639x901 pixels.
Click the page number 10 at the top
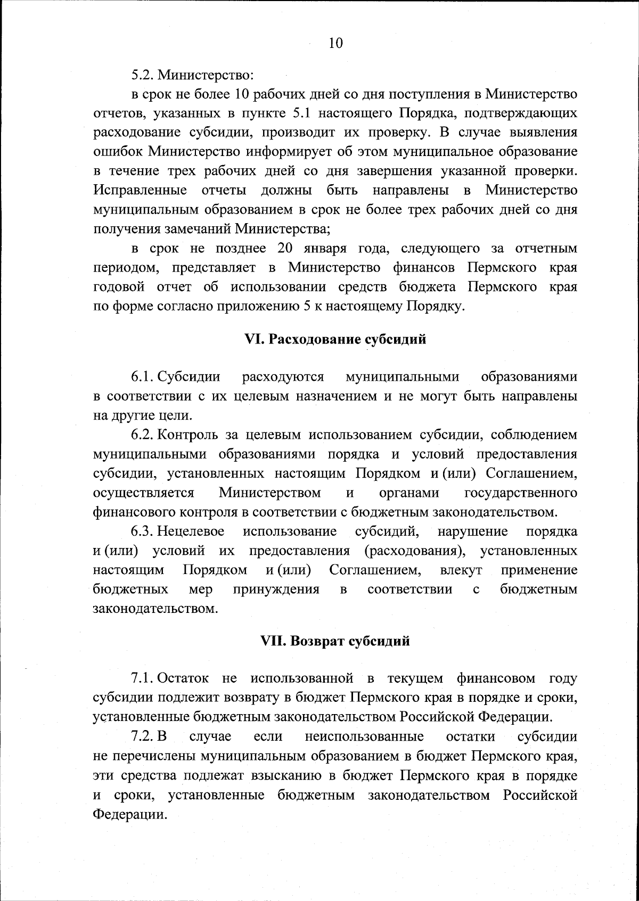pyautogui.click(x=335, y=43)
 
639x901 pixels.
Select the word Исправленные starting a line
pyautogui.click(x=140, y=190)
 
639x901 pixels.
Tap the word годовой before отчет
pyautogui.click(x=119, y=288)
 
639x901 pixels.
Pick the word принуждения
pyautogui.click(x=276, y=589)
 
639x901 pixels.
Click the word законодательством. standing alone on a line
pyautogui.click(x=155, y=609)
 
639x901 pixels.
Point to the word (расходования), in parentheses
pyautogui.click(x=413, y=551)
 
